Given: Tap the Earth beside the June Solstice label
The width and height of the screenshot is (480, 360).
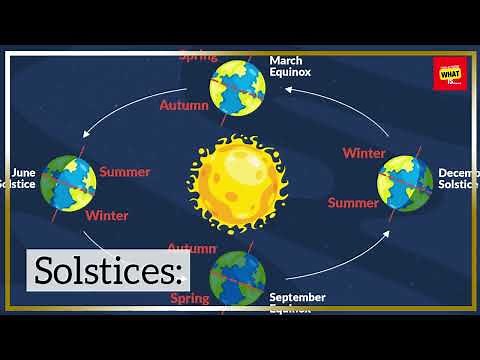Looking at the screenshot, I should [69, 181].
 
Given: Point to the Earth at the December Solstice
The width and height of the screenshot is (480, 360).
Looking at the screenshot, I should [404, 183].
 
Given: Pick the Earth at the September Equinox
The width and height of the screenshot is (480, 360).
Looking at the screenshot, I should [237, 277].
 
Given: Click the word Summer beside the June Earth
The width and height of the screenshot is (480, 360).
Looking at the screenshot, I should [124, 171].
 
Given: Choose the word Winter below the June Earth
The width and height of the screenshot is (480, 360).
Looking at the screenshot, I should [106, 214].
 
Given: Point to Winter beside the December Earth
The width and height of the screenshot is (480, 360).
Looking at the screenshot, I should [364, 153].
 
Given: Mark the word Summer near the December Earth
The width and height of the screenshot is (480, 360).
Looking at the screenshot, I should [354, 203].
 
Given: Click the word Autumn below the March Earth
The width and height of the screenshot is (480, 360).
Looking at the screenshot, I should [184, 104].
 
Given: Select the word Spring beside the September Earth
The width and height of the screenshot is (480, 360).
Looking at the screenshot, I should [190, 297].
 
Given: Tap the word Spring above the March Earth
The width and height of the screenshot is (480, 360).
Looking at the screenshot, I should [198, 56].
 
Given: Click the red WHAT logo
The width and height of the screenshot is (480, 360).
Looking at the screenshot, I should [444, 73].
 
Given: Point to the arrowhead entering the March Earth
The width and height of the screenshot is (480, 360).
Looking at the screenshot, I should [286, 88].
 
